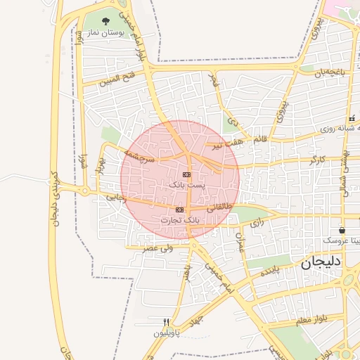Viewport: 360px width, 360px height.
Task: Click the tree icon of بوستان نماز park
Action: click(105, 22)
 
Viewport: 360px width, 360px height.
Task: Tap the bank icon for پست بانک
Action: click(186, 174)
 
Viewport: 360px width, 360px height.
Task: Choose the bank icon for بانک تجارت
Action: click(179, 210)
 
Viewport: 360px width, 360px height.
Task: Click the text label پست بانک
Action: click(186, 184)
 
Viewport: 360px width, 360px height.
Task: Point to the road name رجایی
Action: click(115, 198)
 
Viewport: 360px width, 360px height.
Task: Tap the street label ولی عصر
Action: click(157, 247)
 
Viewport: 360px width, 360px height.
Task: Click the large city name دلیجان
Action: click(321, 264)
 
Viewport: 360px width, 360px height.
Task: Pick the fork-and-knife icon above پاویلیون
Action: click(166, 322)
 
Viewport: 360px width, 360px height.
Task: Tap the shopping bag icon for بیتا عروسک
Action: click(342, 230)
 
